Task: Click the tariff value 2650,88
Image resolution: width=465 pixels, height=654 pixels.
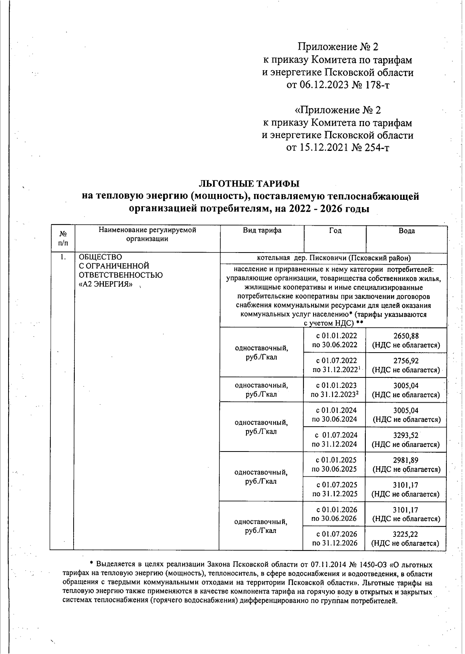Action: click(406, 336)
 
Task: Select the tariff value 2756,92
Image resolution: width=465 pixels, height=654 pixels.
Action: click(406, 361)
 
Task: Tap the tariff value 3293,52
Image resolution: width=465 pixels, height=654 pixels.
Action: click(406, 435)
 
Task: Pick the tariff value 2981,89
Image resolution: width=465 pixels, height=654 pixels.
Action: click(406, 460)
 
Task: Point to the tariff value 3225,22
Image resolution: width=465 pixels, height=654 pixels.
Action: click(405, 534)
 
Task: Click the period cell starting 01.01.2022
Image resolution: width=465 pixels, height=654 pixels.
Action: click(334, 340)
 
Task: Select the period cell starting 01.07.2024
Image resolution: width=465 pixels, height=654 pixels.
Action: click(334, 439)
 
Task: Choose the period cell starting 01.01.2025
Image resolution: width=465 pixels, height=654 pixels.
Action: click(334, 464)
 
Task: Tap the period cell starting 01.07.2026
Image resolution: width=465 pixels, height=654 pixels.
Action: click(334, 538)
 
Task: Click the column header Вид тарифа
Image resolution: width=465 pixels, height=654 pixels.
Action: click(262, 230)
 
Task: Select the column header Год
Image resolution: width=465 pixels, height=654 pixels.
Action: click(335, 230)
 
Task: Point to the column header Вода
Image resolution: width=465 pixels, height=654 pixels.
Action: click(406, 231)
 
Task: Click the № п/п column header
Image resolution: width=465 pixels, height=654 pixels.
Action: click(62, 238)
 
